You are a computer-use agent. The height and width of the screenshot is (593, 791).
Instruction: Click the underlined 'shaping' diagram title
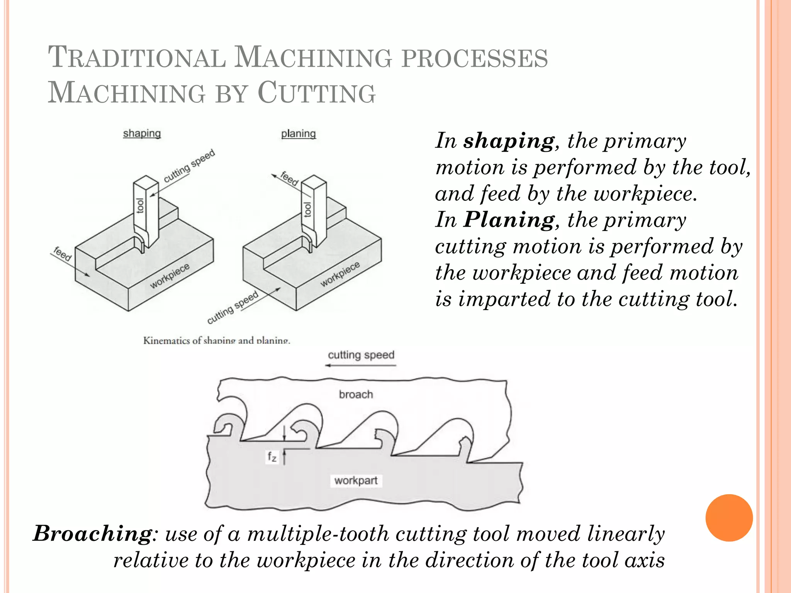click(x=142, y=134)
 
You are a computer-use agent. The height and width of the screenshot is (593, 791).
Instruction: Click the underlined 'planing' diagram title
click(x=298, y=134)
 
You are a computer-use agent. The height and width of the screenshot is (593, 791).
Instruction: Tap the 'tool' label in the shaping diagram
click(x=140, y=205)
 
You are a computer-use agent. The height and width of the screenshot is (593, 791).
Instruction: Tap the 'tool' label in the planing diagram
click(x=307, y=209)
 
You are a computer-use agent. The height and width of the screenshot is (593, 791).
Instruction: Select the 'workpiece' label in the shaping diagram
click(x=170, y=276)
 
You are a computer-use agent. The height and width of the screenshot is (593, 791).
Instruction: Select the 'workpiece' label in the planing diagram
click(x=340, y=274)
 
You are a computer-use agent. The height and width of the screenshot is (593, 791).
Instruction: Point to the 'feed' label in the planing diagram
click(x=289, y=178)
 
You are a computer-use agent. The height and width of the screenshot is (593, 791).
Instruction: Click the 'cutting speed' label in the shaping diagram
click(x=189, y=166)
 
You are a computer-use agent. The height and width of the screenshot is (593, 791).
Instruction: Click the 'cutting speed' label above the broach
click(x=361, y=355)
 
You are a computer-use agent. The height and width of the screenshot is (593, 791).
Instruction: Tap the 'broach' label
click(x=356, y=394)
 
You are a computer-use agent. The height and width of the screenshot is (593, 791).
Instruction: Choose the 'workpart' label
click(x=356, y=481)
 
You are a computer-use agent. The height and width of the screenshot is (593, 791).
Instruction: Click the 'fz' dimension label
click(x=272, y=457)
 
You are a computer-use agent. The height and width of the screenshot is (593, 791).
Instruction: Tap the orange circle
click(x=729, y=518)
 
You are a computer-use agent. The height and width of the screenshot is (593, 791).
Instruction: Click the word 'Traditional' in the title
click(x=137, y=58)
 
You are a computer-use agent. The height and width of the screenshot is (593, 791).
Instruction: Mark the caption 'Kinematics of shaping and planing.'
click(x=216, y=341)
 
